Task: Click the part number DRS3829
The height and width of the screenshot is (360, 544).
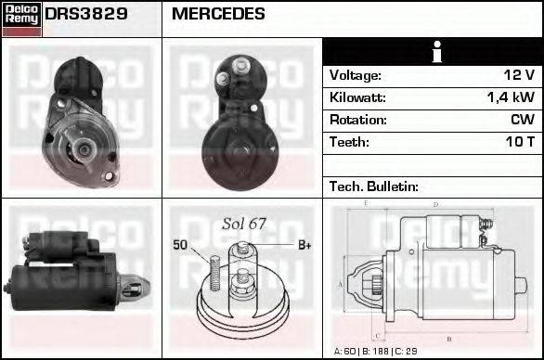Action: (x=87, y=15)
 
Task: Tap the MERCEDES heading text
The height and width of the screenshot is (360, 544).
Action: (x=218, y=15)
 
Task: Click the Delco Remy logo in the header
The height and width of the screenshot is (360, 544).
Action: (x=21, y=17)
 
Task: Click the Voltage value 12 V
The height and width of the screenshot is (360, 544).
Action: (x=518, y=75)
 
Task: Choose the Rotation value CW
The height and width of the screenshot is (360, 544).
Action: (x=522, y=120)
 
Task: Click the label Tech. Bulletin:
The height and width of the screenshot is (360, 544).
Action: (x=374, y=186)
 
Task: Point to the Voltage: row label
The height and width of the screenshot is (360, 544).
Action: (x=356, y=75)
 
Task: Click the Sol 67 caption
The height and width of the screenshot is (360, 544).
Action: (x=243, y=224)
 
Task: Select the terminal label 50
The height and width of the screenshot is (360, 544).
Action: (x=180, y=245)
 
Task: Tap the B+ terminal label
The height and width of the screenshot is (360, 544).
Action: (x=304, y=245)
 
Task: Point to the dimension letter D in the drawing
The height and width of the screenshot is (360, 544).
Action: (x=436, y=204)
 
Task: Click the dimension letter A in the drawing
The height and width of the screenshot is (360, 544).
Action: (x=341, y=283)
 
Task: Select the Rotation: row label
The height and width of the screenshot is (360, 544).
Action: (x=357, y=120)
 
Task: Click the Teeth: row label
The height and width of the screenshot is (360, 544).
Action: (x=349, y=142)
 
